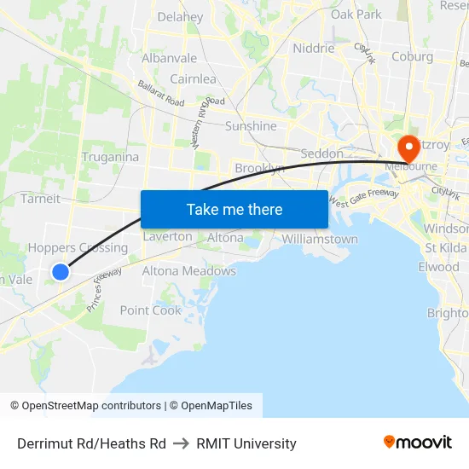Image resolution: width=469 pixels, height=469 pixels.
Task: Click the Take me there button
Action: pyautogui.click(x=234, y=209)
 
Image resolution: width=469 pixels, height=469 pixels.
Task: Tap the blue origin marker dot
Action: pyautogui.click(x=61, y=272)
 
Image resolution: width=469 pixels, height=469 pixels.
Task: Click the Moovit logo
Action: pyautogui.click(x=418, y=442)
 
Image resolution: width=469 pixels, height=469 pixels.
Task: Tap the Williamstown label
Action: pyautogui.click(x=320, y=240)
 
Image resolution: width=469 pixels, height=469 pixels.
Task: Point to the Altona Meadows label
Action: pyautogui.click(x=188, y=271)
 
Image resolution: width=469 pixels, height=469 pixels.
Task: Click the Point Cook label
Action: pyautogui.click(x=151, y=310)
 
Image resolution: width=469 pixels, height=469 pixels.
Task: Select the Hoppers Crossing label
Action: pyautogui.click(x=78, y=248)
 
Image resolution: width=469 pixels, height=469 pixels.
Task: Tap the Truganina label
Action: pyautogui.click(x=110, y=157)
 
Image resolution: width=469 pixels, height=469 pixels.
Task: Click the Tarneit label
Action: pyautogui.click(x=40, y=199)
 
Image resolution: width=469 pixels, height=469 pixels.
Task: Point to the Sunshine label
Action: pyautogui.click(x=251, y=126)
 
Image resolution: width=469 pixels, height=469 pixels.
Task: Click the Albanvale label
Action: pyautogui.click(x=169, y=59)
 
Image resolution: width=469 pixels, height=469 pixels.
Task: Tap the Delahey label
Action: pyautogui.click(x=180, y=17)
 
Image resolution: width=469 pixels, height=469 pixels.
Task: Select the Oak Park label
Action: pyautogui.click(x=356, y=14)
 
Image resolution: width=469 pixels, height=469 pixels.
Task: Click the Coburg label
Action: pyautogui.click(x=412, y=57)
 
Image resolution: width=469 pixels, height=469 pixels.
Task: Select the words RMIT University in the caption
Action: pyautogui.click(x=246, y=443)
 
